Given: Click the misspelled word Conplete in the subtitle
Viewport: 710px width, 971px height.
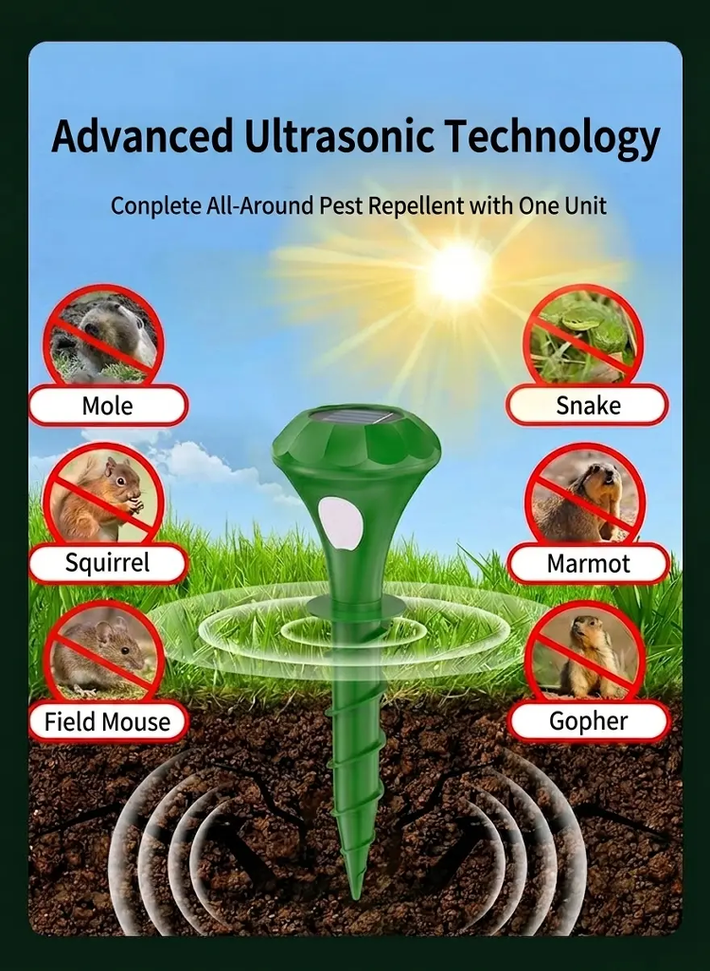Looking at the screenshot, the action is click(x=157, y=205).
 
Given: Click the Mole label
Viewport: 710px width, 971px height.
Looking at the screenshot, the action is click(x=107, y=406).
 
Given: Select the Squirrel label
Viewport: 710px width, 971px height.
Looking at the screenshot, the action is click(x=107, y=562).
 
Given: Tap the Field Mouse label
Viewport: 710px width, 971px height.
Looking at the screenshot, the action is click(x=107, y=721).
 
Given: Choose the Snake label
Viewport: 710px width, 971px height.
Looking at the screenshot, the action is click(x=587, y=405).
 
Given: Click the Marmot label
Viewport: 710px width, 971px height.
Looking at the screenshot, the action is click(x=588, y=563).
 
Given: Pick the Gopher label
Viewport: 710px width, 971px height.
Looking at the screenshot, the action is click(x=588, y=721).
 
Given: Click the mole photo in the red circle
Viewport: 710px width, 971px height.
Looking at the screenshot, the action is click(x=104, y=337).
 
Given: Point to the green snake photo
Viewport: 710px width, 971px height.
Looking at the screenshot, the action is click(x=582, y=338).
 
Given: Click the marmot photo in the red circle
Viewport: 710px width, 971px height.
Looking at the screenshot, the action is click(x=584, y=495).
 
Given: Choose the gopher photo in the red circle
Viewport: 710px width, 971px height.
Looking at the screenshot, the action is click(x=584, y=653).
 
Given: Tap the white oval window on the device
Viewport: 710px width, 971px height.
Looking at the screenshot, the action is click(x=334, y=522).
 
